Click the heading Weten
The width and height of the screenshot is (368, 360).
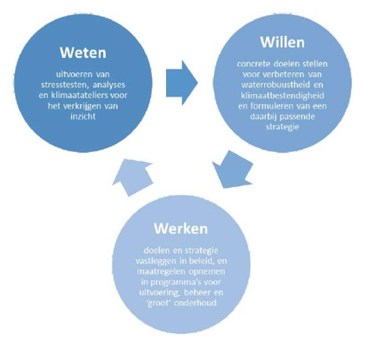(83, 53)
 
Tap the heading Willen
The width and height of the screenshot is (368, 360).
(282, 42)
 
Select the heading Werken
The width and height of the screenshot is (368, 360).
(181, 228)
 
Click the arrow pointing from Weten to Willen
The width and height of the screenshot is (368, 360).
(182, 83)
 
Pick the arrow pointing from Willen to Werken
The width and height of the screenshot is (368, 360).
(233, 170)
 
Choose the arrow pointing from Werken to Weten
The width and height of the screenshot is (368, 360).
(132, 177)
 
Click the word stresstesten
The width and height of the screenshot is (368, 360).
(64, 85)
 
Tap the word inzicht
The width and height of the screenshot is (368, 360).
(83, 117)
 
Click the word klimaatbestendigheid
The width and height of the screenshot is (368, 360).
(282, 96)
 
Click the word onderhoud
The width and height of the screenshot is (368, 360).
(195, 303)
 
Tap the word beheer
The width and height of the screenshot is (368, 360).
(197, 293)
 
